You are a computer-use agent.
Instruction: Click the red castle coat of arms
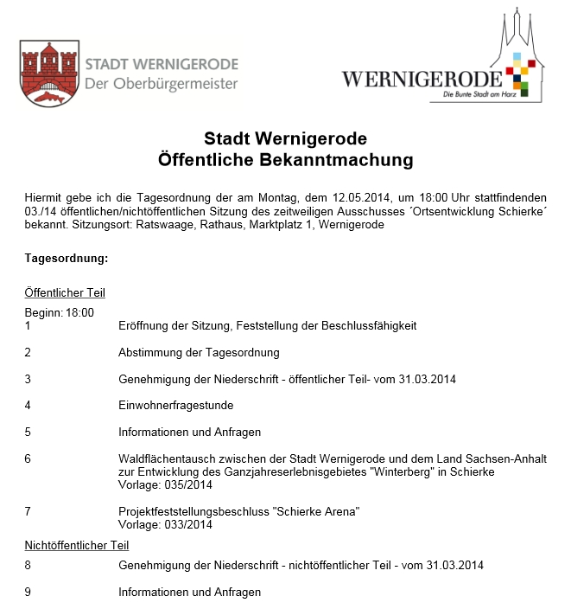click(x=48, y=74)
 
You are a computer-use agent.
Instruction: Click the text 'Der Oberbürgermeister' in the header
click(x=161, y=84)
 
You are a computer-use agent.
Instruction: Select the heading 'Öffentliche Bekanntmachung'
click(x=286, y=159)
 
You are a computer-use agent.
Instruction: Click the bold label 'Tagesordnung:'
click(x=67, y=259)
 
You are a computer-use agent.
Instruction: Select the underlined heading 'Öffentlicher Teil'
click(x=65, y=293)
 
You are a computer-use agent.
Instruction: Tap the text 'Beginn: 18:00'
click(x=60, y=312)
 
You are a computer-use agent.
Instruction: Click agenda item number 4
click(x=28, y=405)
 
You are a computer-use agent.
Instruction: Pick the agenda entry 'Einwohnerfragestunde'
click(x=175, y=405)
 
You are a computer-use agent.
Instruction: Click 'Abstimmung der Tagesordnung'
click(x=199, y=352)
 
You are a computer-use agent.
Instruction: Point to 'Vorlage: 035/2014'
click(x=165, y=484)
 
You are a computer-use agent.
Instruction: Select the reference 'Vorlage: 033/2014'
click(x=165, y=524)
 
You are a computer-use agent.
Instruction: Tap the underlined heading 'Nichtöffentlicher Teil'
click(x=77, y=546)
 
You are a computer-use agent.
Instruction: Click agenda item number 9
click(x=28, y=593)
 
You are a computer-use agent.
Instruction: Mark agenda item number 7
click(x=28, y=511)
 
